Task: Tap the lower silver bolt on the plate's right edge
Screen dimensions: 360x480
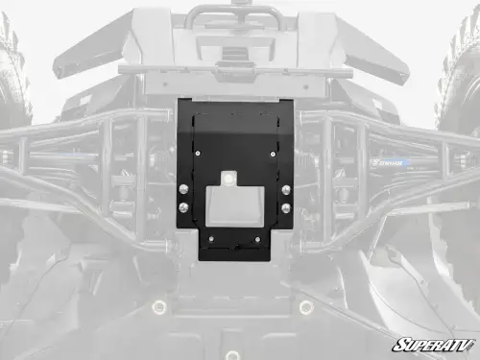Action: pos(285,207)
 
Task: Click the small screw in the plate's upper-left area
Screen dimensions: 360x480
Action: pos(199,152)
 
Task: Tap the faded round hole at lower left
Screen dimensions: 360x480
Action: pos(159,307)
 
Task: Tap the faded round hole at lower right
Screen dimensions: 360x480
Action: pos(306,307)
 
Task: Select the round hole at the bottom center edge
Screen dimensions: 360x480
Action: pos(233,354)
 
